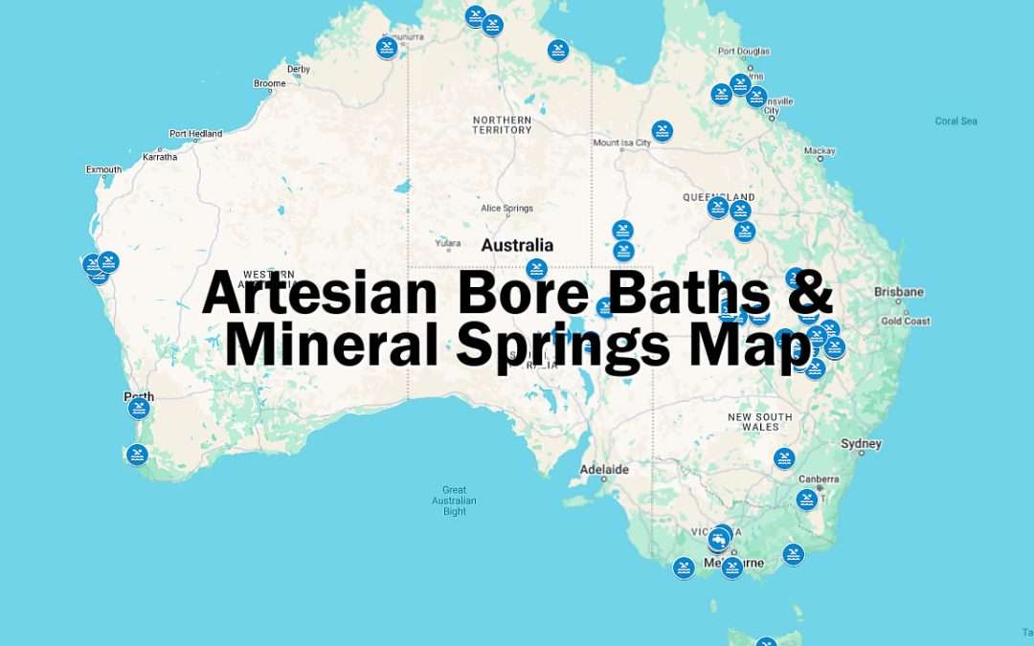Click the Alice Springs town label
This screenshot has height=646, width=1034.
pyautogui.click(x=506, y=209)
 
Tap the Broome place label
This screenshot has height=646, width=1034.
pyautogui.click(x=269, y=84)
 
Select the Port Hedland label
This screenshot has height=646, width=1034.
pyautogui.click(x=195, y=134)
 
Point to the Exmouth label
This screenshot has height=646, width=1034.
pyautogui.click(x=103, y=169)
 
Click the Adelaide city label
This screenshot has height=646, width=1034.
pyautogui.click(x=604, y=470)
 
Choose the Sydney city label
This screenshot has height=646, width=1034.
pyautogui.click(x=861, y=444)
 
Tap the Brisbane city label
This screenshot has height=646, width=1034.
pyautogui.click(x=898, y=292)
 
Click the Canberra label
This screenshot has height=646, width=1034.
pyautogui.click(x=819, y=479)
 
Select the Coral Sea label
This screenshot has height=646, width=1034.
pyautogui.click(x=955, y=121)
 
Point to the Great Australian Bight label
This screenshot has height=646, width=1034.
pyautogui.click(x=455, y=501)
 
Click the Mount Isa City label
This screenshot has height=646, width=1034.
pyautogui.click(x=621, y=144)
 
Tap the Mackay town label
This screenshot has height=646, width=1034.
pyautogui.click(x=820, y=151)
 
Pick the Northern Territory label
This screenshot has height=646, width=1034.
pyautogui.click(x=502, y=124)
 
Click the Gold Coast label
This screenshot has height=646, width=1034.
pyautogui.click(x=905, y=322)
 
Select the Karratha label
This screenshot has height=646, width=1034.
pyautogui.click(x=159, y=156)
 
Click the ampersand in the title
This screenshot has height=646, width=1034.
pyautogui.click(x=812, y=292)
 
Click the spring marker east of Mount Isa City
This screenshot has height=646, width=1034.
pyautogui.click(x=662, y=130)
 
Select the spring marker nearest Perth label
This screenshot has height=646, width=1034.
pyautogui.click(x=139, y=409)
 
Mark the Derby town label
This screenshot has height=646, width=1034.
pyautogui.click(x=299, y=69)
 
